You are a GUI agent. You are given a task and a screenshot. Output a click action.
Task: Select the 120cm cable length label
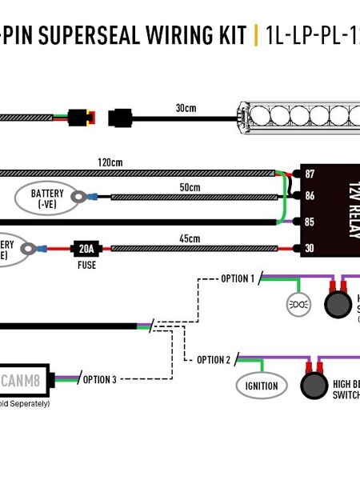coord(110,162)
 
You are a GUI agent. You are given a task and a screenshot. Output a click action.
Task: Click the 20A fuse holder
coord(84,249)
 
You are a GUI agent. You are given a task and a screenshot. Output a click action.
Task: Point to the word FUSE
coord(85,264)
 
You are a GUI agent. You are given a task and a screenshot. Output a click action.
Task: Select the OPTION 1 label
coord(237,278)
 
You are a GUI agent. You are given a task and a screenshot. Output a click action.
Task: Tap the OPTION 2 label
coord(214,359)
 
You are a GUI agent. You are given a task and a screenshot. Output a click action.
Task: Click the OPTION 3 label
coord(100,379)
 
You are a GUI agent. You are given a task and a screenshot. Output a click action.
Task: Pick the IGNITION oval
coord(262,386)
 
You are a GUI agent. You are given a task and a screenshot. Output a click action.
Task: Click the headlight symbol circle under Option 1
coord(298,305)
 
